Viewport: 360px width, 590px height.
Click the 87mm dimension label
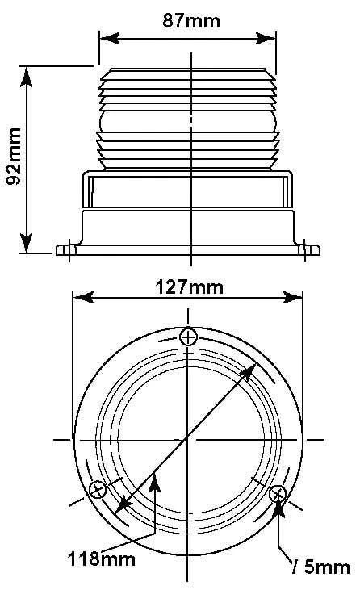point(191,21)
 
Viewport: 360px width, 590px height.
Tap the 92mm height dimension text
point(14,156)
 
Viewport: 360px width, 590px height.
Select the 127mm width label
point(189,287)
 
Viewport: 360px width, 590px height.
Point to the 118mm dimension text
point(102,559)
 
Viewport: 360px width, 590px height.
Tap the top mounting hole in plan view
point(188,337)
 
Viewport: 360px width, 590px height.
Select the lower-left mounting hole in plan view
point(98,490)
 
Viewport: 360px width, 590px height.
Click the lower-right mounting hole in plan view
point(278,493)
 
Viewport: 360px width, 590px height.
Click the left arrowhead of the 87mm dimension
point(110,38)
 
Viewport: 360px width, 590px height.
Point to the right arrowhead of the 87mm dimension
point(266,38)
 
